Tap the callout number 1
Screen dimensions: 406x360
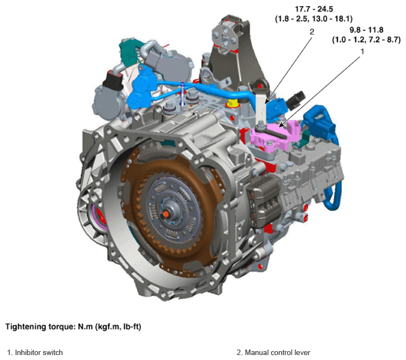(x=362, y=51)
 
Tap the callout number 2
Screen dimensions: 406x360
(x=312, y=31)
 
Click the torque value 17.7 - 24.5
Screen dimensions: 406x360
(x=314, y=9)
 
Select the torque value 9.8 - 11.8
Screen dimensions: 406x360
(x=366, y=30)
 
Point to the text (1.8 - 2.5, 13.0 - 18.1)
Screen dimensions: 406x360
(x=313, y=19)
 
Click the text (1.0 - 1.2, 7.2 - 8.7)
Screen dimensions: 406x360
(x=366, y=40)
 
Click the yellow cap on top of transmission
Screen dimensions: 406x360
(x=232, y=103)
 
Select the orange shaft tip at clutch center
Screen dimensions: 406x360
(x=164, y=214)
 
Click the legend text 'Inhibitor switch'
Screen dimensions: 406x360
(x=39, y=352)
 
